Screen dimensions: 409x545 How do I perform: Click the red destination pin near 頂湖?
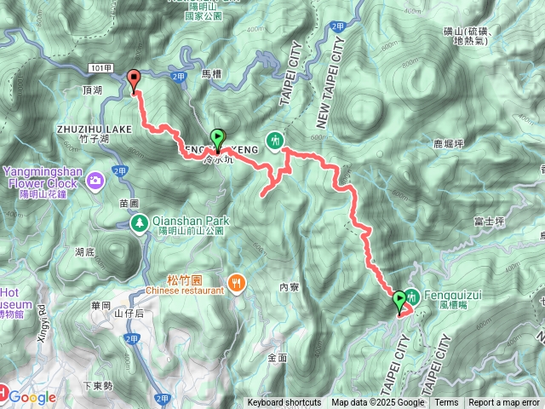[x=134, y=80]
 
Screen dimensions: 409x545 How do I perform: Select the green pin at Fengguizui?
[x=399, y=300]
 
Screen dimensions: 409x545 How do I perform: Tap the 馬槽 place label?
[x=211, y=76]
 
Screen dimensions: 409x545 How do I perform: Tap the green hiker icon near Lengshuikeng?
[x=274, y=138]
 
